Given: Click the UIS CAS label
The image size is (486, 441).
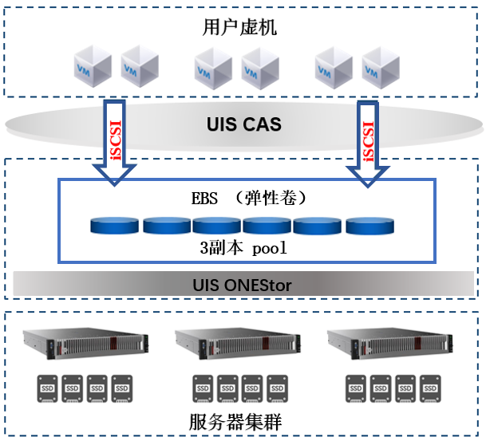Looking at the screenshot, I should coord(243,125).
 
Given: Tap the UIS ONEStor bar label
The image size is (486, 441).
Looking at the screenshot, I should coord(243,284).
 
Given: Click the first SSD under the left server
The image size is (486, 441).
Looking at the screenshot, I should coord(46,388).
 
